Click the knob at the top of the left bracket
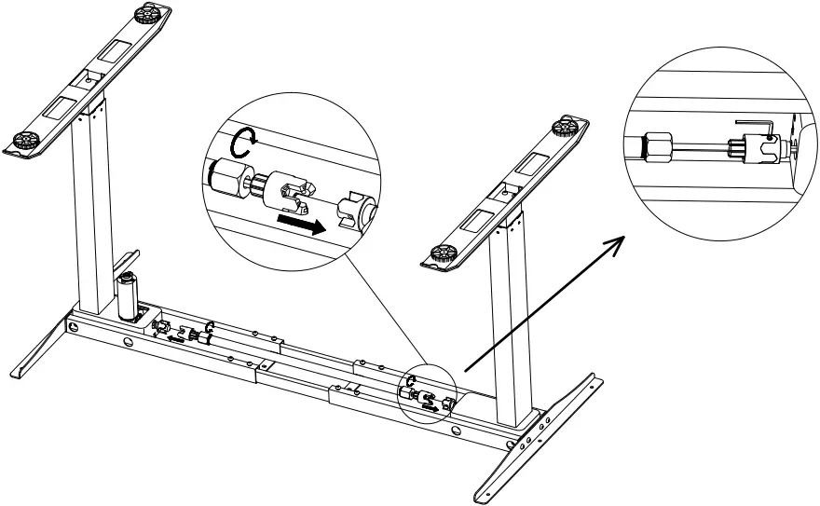pyautogui.click(x=146, y=14)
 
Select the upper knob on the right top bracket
pyautogui.click(x=562, y=127)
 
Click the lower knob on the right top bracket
pyautogui.click(x=441, y=252)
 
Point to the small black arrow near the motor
pyautogui.click(x=175, y=340)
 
